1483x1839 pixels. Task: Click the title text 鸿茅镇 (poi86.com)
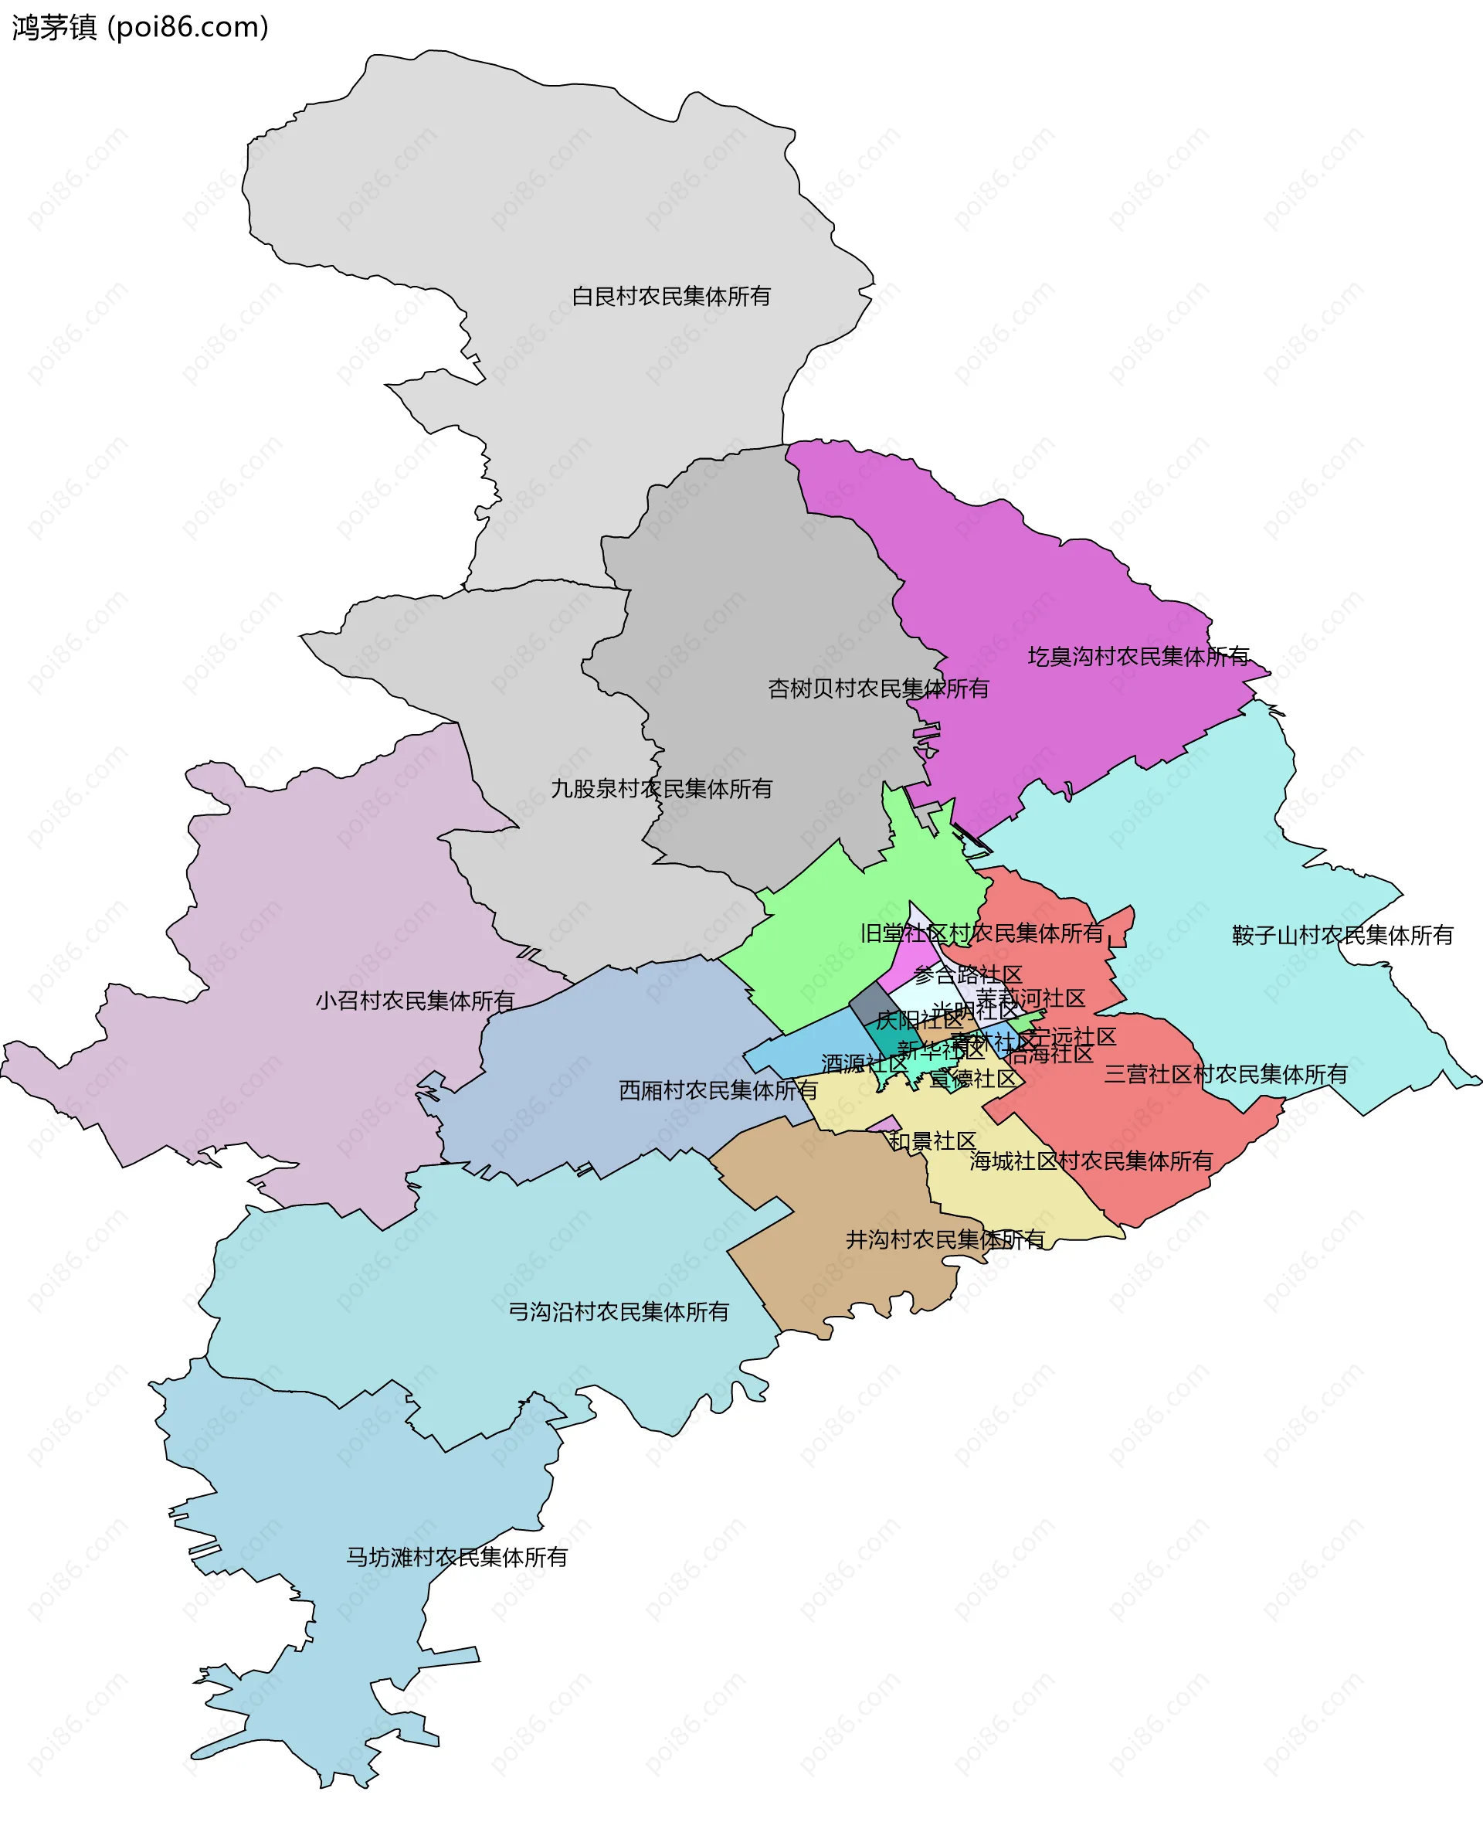pos(140,27)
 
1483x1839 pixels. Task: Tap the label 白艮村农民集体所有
pos(670,297)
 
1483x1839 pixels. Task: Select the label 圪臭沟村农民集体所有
pos(1138,656)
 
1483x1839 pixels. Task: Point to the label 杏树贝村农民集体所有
pos(877,688)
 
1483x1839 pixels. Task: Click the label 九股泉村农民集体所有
pos(661,789)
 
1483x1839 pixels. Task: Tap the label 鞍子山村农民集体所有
pos(1342,936)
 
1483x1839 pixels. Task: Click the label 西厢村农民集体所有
pos(718,1090)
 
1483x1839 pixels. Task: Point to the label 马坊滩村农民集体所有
pos(456,1557)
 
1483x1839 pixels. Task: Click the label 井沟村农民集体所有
pos(945,1240)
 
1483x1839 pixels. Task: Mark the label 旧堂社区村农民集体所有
pos(982,933)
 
